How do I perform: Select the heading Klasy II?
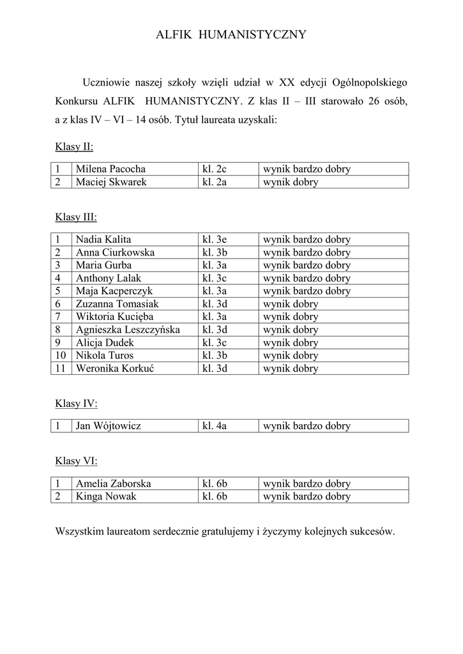pos(74,147)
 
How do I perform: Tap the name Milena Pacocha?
pos(110,169)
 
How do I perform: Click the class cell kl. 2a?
pos(214,182)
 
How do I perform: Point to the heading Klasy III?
pos(76,217)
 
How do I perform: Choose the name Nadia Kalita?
pos(103,240)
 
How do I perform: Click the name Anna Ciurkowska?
pos(115,252)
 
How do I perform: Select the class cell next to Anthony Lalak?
pos(214,278)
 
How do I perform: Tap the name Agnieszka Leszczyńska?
pos(128,330)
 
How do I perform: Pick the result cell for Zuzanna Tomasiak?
pos(291,304)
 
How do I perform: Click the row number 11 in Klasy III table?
pos(61,368)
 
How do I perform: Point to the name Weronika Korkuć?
pos(115,368)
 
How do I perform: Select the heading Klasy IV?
pos(76,404)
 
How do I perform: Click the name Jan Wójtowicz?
pos(109,426)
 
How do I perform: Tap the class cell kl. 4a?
pos(215,426)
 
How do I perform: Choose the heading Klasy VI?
pos(76,461)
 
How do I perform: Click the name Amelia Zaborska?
pos(113,483)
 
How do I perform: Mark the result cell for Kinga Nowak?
pos(307,496)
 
